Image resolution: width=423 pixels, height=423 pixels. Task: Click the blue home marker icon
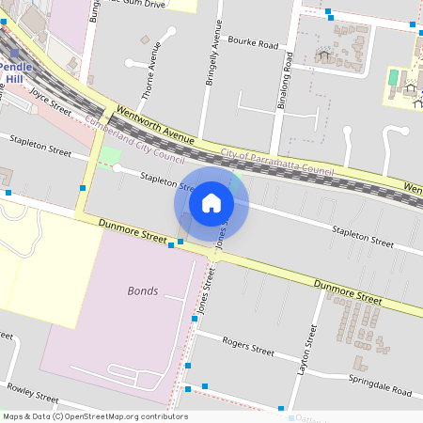coord(211,202)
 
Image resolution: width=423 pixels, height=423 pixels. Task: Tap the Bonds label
coord(143,290)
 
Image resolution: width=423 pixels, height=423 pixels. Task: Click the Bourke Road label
coord(254,44)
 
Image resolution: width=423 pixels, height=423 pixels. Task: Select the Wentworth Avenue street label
coord(154,125)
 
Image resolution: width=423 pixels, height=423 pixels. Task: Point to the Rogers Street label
coord(247,346)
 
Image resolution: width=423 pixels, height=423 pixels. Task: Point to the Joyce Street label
coord(51,102)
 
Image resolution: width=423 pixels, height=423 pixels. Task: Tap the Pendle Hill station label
coord(16,73)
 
